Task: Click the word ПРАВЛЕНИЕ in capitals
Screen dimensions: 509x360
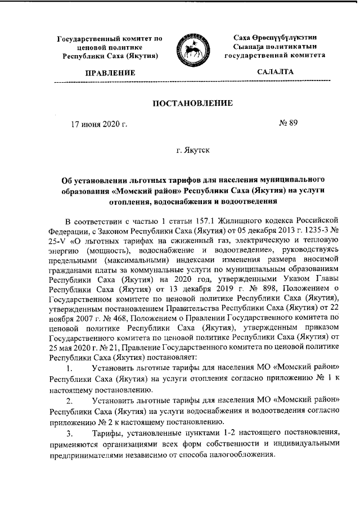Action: (x=110, y=73)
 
